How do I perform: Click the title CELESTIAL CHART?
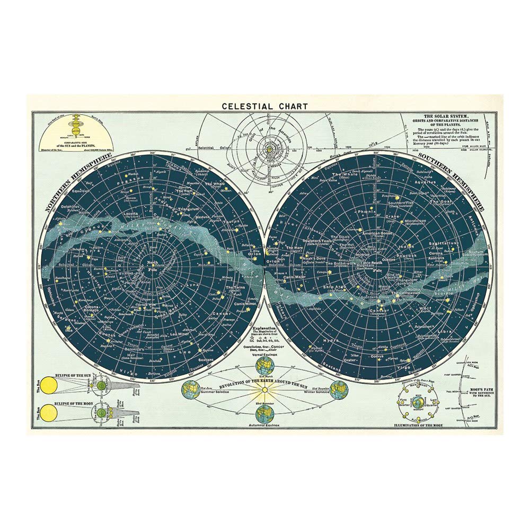[x=264, y=106]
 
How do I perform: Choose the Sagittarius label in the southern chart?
[x=444, y=243]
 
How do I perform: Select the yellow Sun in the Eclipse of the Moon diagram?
[x=49, y=411]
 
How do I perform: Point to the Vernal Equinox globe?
[x=264, y=366]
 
